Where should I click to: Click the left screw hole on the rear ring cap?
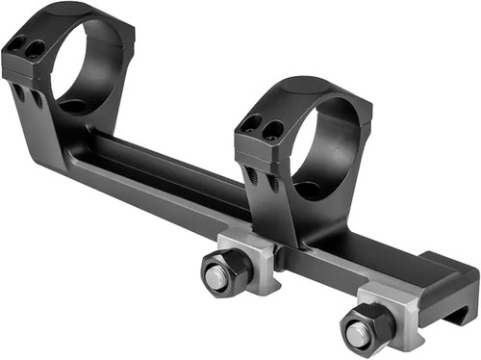[x=16, y=41]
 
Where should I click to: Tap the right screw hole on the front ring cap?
[x=273, y=129]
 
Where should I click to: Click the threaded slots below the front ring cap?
[x=261, y=177]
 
